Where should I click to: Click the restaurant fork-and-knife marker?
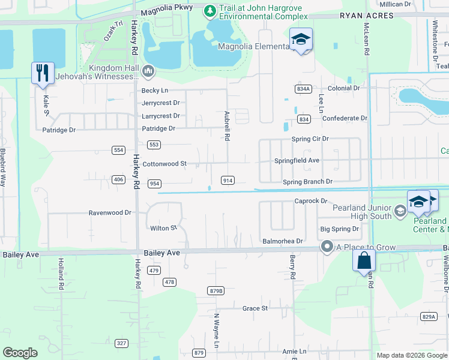(x=43, y=73)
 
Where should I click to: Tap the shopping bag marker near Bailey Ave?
(x=364, y=261)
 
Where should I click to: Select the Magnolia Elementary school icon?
(x=301, y=40)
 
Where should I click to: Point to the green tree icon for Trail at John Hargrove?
(x=209, y=10)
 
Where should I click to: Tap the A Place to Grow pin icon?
(x=327, y=246)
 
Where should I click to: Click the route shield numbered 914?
(x=227, y=181)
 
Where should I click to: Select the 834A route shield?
(x=303, y=89)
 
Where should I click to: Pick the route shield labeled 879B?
(x=216, y=290)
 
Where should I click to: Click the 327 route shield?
(x=122, y=343)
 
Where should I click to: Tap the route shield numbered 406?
(x=118, y=179)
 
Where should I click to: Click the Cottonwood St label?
(x=164, y=163)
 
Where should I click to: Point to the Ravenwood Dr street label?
(x=110, y=212)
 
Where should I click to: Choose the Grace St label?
(x=255, y=308)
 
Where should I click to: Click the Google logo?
(x=20, y=353)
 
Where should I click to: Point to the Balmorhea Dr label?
(x=283, y=241)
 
